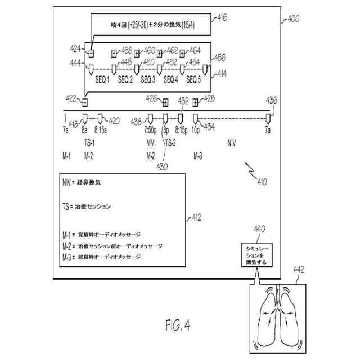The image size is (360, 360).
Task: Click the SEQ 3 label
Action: [x=148, y=80]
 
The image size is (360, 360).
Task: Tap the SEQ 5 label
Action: [x=193, y=80]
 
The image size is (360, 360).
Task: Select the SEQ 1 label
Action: [x=102, y=80]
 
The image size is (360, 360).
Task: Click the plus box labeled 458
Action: [x=114, y=52]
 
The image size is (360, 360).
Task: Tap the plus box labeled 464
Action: [x=182, y=52]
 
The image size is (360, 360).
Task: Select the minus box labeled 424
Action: [x=91, y=52]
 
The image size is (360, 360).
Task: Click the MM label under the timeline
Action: [x=150, y=142]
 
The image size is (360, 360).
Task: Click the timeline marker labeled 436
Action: [x=268, y=119]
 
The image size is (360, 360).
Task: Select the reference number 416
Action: [x=222, y=19]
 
